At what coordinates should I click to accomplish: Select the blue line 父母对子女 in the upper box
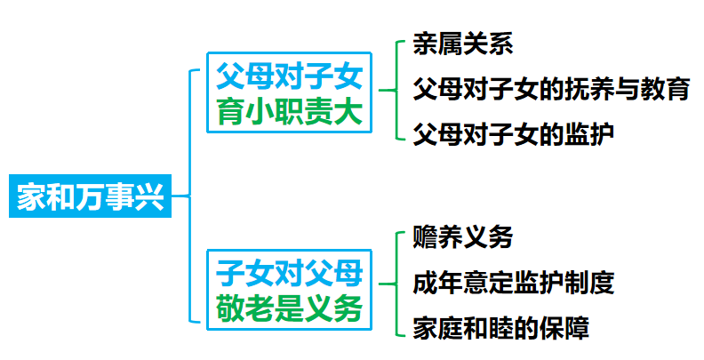(290, 76)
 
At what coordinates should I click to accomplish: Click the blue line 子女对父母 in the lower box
(291, 270)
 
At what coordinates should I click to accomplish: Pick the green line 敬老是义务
(291, 308)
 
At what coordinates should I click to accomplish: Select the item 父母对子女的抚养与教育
(551, 89)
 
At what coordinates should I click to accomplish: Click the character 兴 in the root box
(152, 196)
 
